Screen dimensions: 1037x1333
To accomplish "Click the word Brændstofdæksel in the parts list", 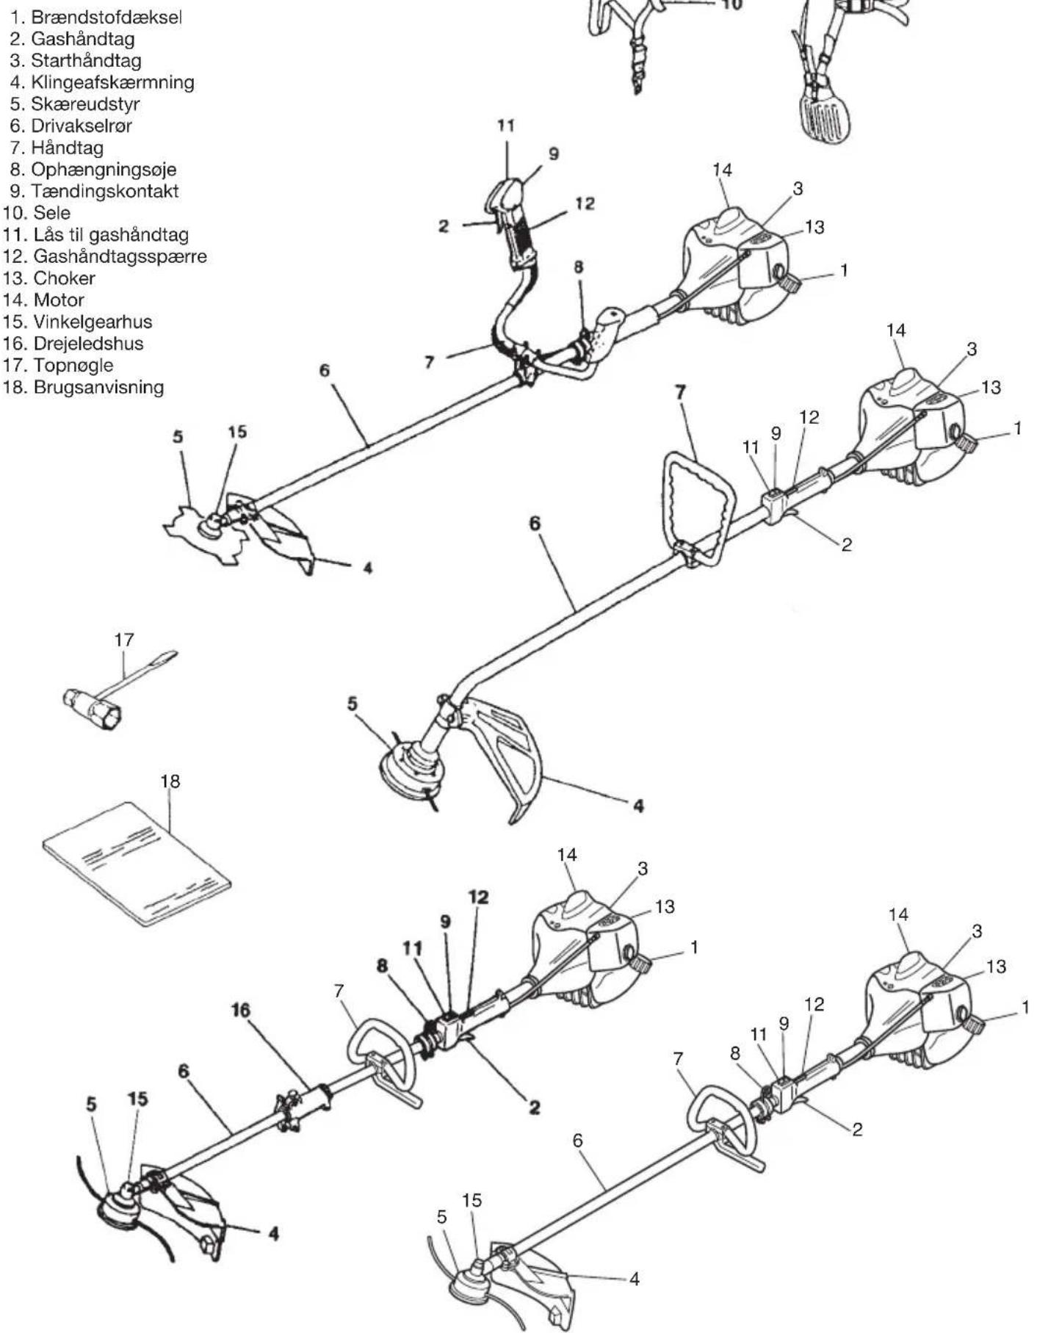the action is pyautogui.click(x=106, y=18).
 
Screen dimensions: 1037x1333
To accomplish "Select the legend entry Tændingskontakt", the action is pyautogui.click(x=104, y=191).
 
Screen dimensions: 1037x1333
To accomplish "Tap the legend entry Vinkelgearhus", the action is pyautogui.click(x=93, y=322).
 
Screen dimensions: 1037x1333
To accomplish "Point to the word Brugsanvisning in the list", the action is pyautogui.click(x=98, y=387).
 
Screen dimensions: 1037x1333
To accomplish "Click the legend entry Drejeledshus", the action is pyautogui.click(x=88, y=344).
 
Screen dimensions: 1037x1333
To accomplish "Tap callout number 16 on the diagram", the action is pyautogui.click(x=240, y=1011).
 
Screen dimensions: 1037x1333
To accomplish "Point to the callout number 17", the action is pyautogui.click(x=124, y=640).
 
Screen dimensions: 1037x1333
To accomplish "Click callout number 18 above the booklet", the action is pyautogui.click(x=170, y=781).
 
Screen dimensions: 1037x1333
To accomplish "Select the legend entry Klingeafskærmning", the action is pyautogui.click(x=112, y=82).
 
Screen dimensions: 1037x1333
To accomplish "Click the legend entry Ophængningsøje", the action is pyautogui.click(x=104, y=170).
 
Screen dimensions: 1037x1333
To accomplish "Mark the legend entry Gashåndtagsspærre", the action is pyautogui.click(x=120, y=257).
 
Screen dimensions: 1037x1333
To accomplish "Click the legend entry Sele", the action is pyautogui.click(x=52, y=213).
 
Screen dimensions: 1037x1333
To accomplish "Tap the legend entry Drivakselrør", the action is pyautogui.click(x=82, y=126).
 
